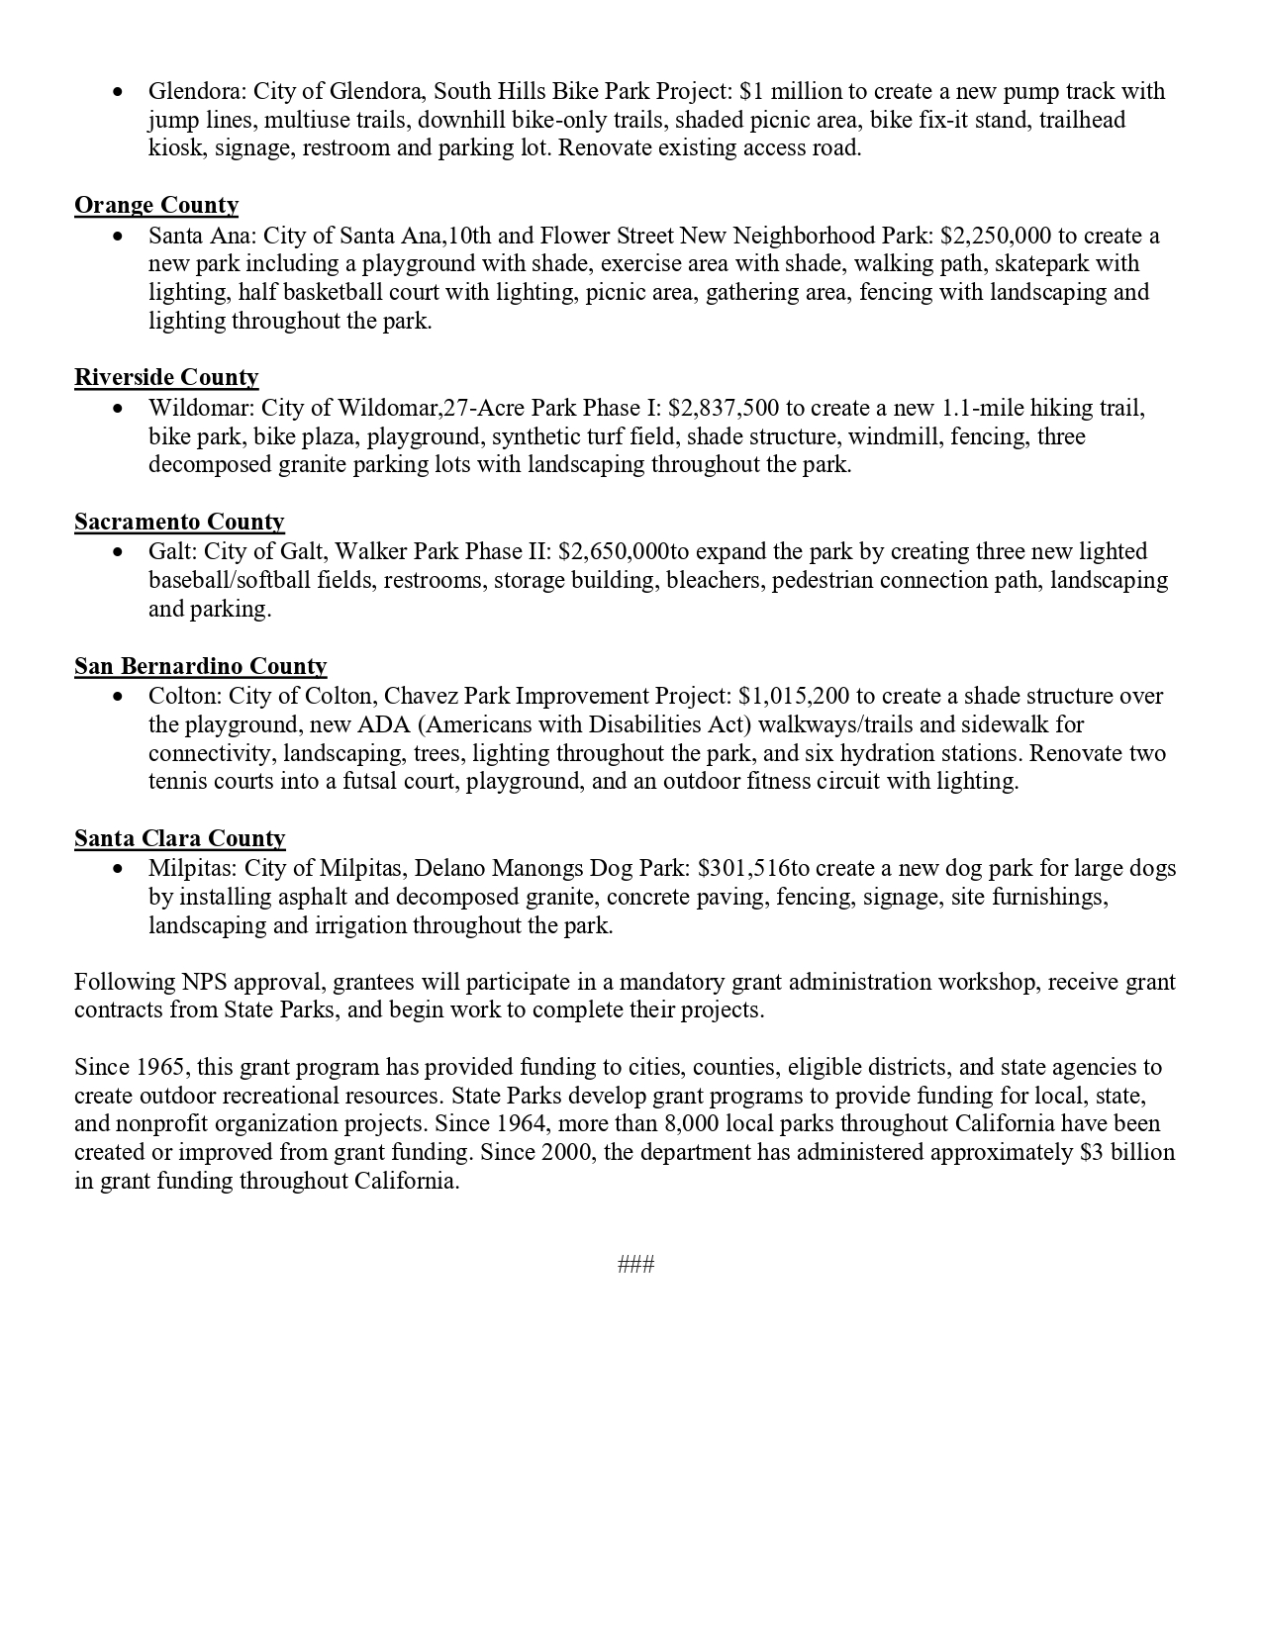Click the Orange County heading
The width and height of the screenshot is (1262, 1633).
[x=156, y=205]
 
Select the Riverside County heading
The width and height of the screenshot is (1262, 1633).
[x=166, y=377]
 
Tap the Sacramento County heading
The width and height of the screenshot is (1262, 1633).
[x=179, y=522]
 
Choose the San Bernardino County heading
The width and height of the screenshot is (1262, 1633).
[x=200, y=666]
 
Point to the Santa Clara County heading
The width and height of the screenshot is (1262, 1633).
[x=179, y=838]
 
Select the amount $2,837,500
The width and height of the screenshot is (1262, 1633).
[x=724, y=408]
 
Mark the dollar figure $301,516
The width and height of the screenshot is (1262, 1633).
[x=743, y=868]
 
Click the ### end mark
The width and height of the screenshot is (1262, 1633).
[x=635, y=1264]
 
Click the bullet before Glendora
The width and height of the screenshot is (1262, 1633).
[x=119, y=92]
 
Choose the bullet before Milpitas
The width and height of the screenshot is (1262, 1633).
[x=119, y=869]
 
